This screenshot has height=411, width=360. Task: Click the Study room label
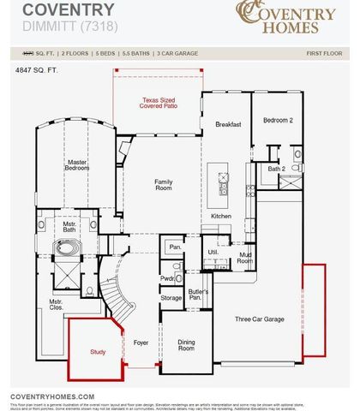click(x=98, y=352)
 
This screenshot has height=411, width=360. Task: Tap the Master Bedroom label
click(x=77, y=164)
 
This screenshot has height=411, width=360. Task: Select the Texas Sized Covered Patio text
click(x=163, y=104)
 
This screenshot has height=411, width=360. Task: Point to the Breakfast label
click(x=228, y=124)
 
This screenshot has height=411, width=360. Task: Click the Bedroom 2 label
click(x=278, y=121)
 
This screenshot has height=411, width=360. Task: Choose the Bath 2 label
click(x=276, y=169)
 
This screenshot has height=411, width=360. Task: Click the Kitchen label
click(x=221, y=217)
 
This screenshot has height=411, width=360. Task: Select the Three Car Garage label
click(x=260, y=319)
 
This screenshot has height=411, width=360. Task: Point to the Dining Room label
click(x=186, y=345)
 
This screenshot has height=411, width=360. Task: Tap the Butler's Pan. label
click(x=199, y=295)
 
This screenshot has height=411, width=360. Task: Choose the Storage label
click(x=171, y=297)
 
